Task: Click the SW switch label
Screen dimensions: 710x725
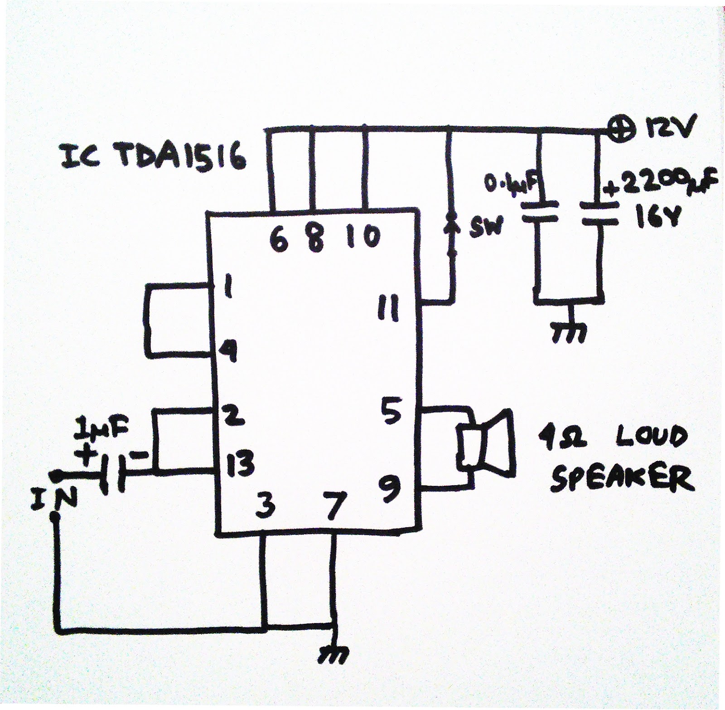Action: click(x=486, y=229)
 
